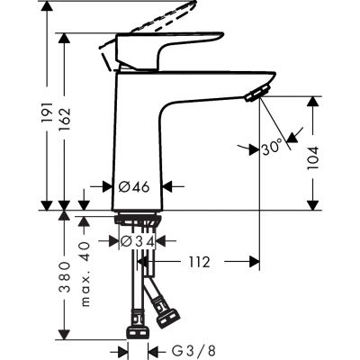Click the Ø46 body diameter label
coord(134,188)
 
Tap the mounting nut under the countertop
coord(137,221)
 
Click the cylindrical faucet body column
coord(137,144)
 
